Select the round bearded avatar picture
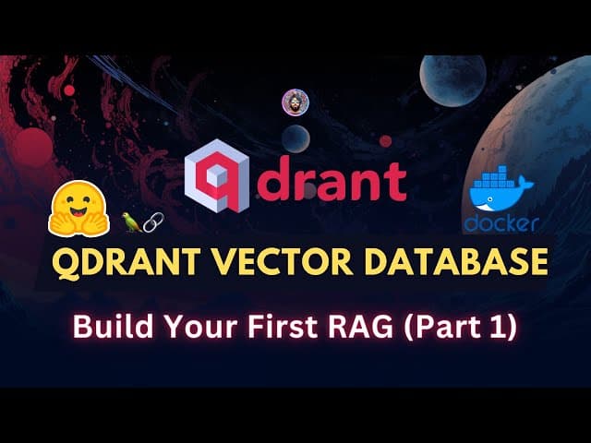tap(295, 102)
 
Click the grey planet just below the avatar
tap(295, 138)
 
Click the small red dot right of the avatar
tap(385, 140)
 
